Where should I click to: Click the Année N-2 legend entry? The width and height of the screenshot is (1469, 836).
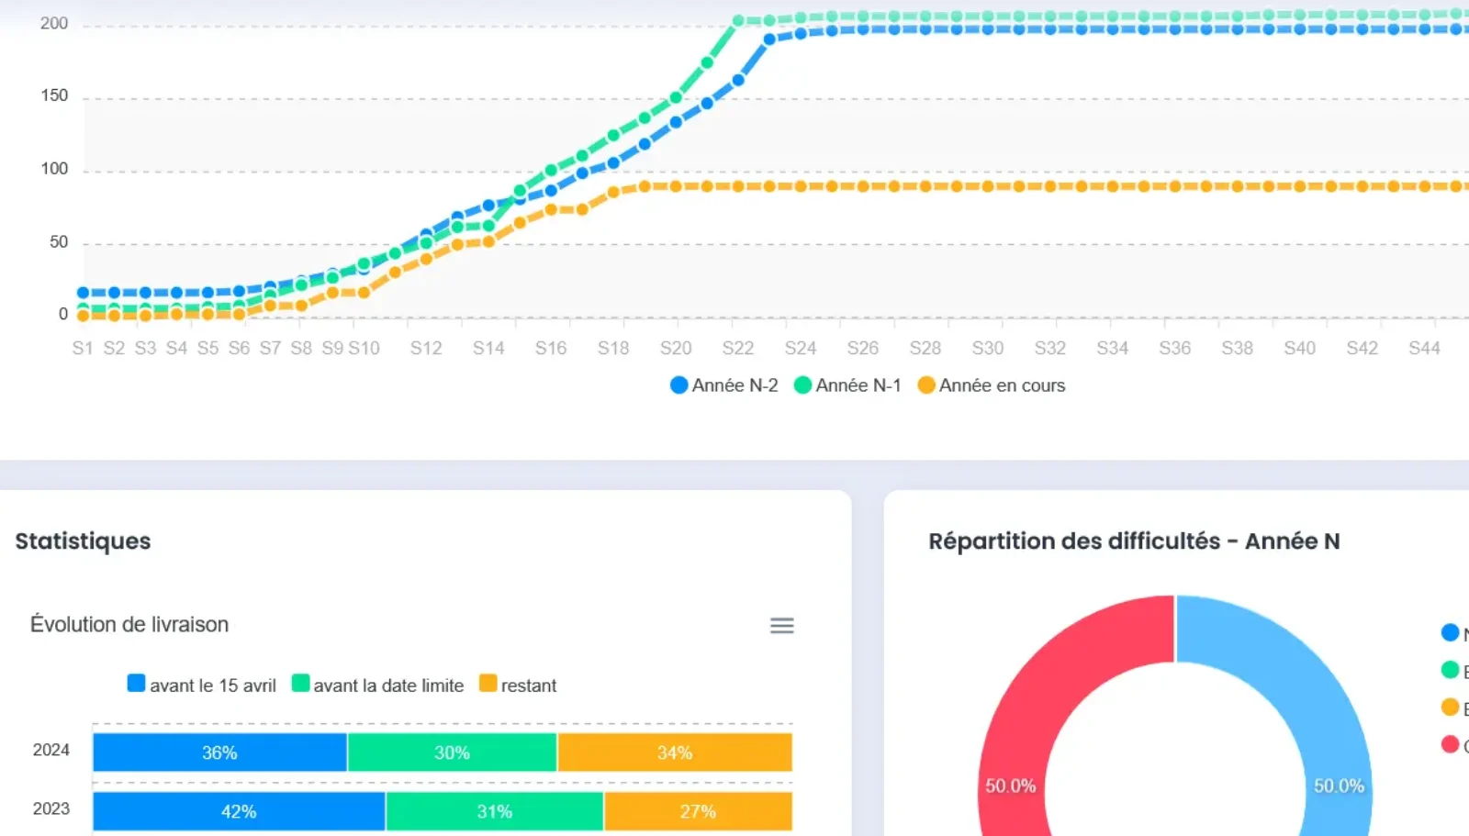(x=725, y=385)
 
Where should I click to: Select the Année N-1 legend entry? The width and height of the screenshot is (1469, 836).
(x=848, y=385)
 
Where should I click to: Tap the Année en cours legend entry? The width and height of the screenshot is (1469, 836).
(x=992, y=385)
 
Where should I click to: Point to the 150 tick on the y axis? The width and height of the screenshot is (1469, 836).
(x=54, y=95)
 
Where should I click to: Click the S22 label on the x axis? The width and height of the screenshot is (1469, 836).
(x=737, y=349)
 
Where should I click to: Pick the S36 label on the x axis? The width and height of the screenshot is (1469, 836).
(x=1174, y=349)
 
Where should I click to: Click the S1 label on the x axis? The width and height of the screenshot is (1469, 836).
(x=83, y=349)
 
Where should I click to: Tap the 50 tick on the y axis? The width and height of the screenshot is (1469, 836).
(x=58, y=242)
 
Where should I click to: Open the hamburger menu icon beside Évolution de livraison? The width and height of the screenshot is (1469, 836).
(x=781, y=626)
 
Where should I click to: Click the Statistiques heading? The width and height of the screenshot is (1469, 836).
(x=83, y=541)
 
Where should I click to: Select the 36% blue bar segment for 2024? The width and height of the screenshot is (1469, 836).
(x=219, y=752)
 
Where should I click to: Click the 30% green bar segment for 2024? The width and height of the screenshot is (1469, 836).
(x=452, y=752)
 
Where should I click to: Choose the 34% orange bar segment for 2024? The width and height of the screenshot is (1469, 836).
(x=675, y=752)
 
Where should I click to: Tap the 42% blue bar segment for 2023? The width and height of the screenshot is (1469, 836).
(x=239, y=811)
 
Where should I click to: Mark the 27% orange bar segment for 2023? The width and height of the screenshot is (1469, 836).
(x=698, y=811)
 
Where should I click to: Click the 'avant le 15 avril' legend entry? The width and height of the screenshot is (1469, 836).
(x=202, y=686)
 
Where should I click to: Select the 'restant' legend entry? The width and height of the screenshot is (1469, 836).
(x=519, y=686)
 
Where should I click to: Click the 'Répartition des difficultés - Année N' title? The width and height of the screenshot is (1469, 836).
(x=1134, y=541)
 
